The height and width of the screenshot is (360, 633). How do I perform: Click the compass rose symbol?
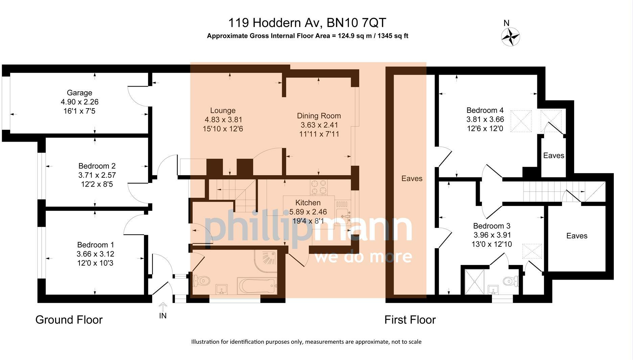click(x=510, y=37)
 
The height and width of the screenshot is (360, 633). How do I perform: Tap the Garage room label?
click(x=79, y=93)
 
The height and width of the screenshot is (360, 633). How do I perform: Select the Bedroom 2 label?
click(x=97, y=166)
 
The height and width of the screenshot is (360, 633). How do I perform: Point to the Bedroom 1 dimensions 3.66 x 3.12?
click(x=95, y=254)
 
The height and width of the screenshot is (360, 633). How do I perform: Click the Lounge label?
click(x=223, y=111)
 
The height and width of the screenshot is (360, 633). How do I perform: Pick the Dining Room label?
click(x=319, y=116)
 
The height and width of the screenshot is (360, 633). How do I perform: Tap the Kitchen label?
click(x=308, y=203)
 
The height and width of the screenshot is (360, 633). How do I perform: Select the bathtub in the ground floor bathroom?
click(x=257, y=286)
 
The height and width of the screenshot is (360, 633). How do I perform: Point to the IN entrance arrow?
click(x=163, y=307)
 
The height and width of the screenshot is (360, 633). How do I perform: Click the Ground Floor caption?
click(x=69, y=320)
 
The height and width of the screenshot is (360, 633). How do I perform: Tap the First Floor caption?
click(x=410, y=320)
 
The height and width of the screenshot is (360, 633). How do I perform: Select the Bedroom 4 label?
click(x=485, y=110)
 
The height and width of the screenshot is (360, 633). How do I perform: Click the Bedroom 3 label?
click(x=492, y=226)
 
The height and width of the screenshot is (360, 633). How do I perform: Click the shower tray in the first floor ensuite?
click(x=475, y=282)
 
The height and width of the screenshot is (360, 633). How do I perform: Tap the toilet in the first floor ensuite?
click(x=511, y=281)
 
